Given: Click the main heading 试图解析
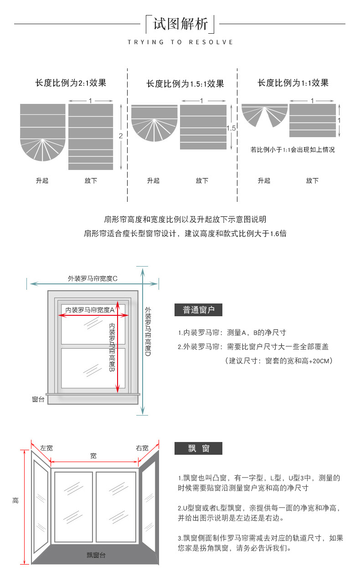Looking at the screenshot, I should click(180, 24).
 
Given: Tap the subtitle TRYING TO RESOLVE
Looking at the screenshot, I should click(180, 42).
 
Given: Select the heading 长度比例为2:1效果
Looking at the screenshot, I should click(71, 83).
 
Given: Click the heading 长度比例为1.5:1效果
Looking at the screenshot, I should click(185, 84).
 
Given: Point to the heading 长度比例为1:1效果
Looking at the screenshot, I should click(293, 83).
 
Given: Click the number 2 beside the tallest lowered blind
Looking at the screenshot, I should click(121, 136).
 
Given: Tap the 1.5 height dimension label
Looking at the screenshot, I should click(231, 128).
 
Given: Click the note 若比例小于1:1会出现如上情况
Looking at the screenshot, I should click(293, 149).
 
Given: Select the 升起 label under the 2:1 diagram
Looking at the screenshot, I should click(42, 180).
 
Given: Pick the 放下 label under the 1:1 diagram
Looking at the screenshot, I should click(312, 180).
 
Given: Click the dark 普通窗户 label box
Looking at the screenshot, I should click(198, 310).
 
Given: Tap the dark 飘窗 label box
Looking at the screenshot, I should click(198, 448).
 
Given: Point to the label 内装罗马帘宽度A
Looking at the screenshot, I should click(90, 310).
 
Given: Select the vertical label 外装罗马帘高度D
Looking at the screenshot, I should click(148, 331).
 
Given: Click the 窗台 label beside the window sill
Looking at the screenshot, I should click(38, 399).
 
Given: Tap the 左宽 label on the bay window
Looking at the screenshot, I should click(46, 448).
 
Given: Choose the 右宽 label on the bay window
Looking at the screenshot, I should click(142, 448).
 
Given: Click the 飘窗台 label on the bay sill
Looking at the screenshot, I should click(96, 555).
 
